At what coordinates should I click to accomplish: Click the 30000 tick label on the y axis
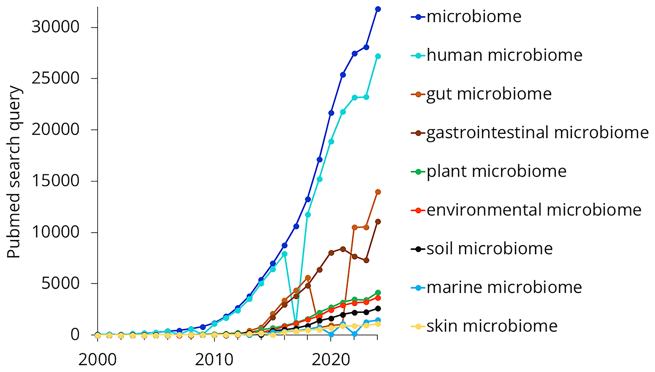coord(55,27)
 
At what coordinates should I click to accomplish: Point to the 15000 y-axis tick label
coord(55,181)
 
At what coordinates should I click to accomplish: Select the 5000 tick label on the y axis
coord(60,284)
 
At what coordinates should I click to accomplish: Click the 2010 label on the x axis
coord(214,360)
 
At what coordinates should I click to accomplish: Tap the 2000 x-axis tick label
coord(98,360)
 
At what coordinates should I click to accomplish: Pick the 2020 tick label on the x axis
coord(331,360)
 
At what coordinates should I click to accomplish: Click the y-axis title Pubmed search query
coord(14,172)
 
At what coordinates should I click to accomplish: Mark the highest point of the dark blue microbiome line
coord(378,9)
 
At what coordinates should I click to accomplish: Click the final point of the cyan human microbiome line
coord(378,56)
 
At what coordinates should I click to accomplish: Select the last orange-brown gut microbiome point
coord(378,192)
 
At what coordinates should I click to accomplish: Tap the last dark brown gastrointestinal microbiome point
coord(378,222)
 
